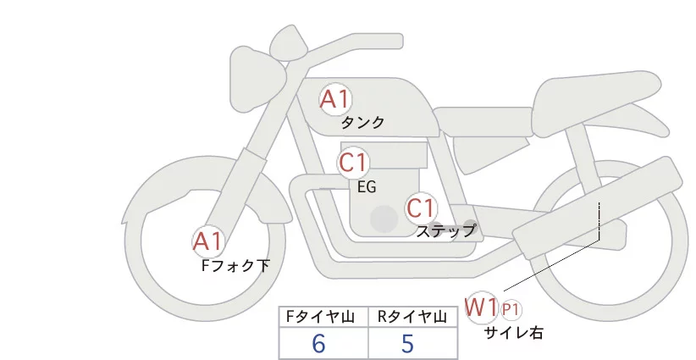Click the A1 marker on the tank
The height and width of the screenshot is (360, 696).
[334, 99]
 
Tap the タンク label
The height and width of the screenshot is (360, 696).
[362, 123]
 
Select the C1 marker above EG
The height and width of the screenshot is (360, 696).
[353, 162]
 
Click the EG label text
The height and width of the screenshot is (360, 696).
[367, 186]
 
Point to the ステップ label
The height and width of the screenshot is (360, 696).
[445, 230]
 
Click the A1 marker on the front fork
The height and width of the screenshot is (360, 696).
[207, 242]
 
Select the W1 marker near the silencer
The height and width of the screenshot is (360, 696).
[481, 306]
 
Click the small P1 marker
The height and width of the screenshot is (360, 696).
[511, 308]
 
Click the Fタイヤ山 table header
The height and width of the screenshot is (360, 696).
[323, 317]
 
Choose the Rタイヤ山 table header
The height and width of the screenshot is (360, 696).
[412, 317]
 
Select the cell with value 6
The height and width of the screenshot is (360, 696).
[318, 344]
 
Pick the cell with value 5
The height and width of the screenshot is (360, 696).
[408, 344]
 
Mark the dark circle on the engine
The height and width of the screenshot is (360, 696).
[384, 219]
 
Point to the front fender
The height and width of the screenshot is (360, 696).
[161, 182]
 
